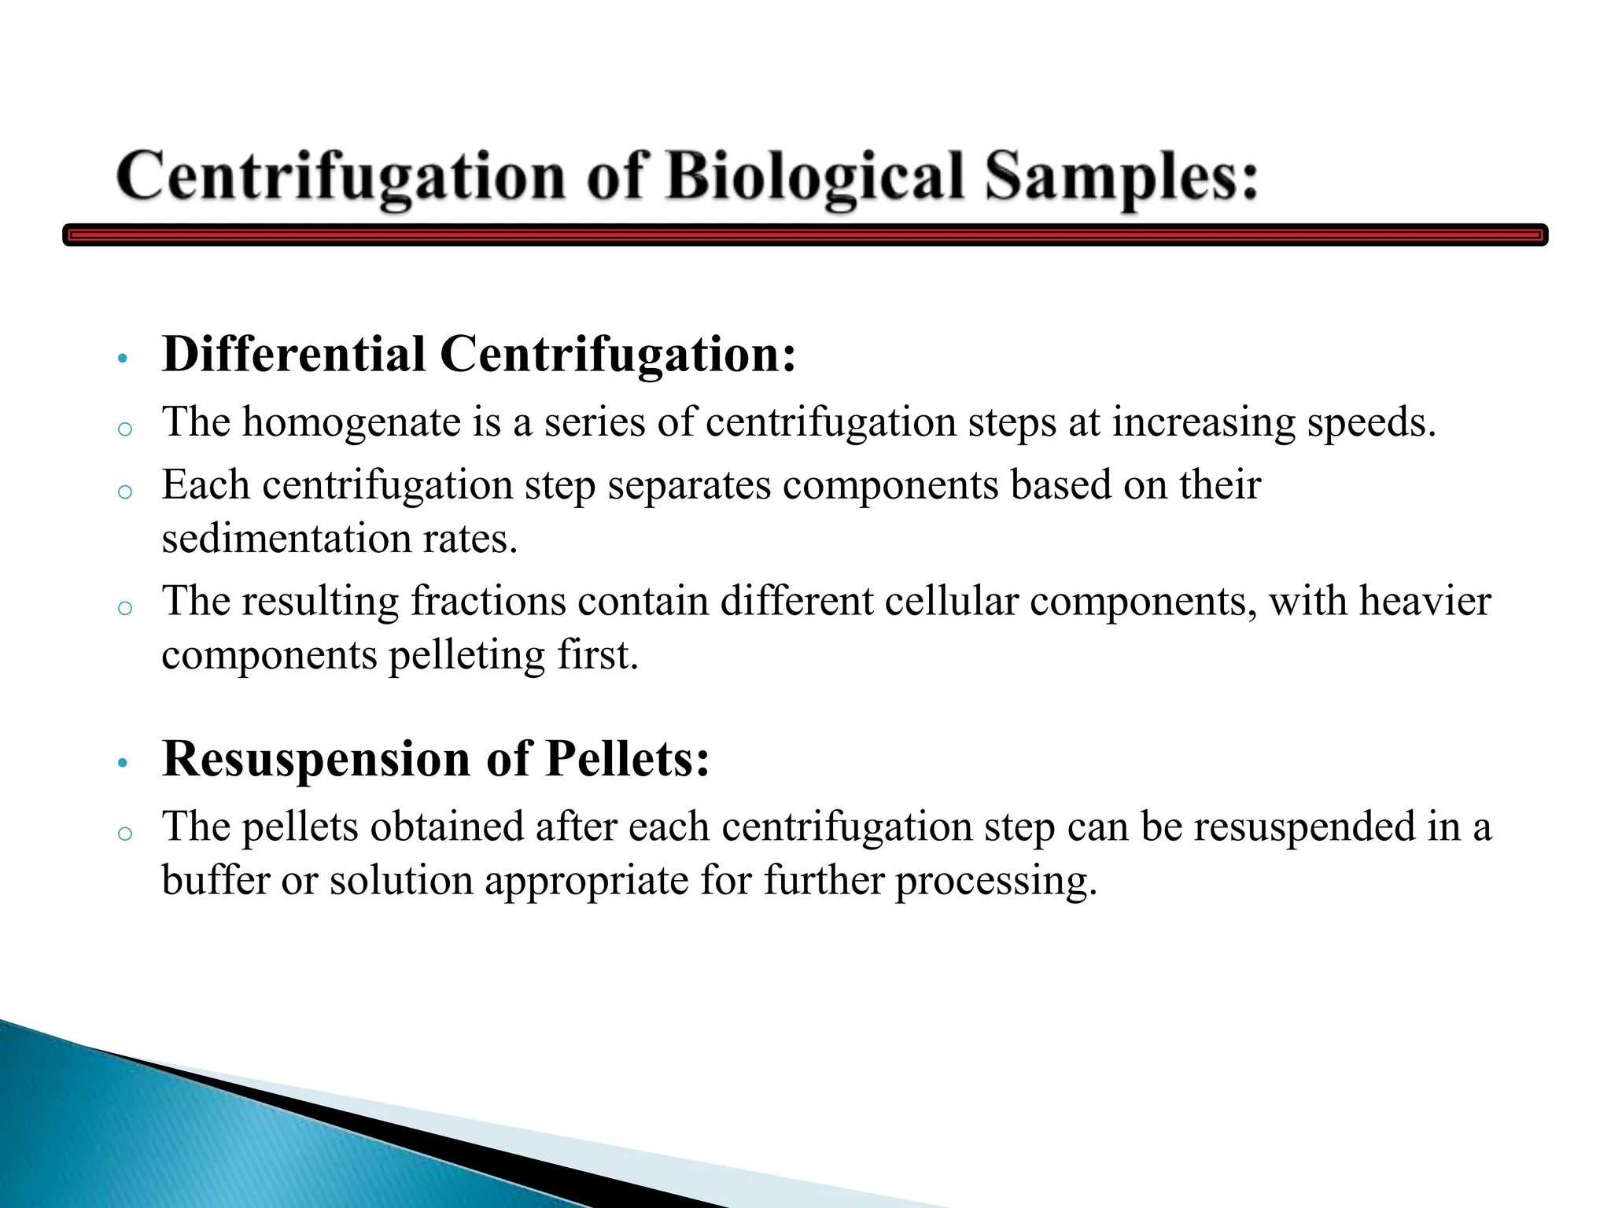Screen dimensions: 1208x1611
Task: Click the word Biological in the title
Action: click(815, 177)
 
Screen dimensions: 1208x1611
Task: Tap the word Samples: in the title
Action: click(1122, 177)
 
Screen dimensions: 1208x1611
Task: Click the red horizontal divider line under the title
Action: click(805, 234)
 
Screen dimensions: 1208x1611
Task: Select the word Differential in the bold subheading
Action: click(293, 354)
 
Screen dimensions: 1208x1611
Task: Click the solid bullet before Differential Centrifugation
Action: click(121, 359)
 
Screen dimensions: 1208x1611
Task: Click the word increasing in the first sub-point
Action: click(1203, 423)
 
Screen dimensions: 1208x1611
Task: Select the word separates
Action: click(689, 485)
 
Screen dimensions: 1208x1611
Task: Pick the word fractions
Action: click(488, 602)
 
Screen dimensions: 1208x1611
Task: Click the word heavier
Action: click(1425, 602)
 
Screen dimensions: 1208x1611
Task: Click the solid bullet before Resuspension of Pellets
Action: click(121, 764)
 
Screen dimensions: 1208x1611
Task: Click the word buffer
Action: click(216, 880)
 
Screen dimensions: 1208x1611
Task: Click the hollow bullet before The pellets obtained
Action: click(124, 834)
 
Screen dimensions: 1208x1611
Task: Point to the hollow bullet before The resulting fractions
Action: click(124, 608)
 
